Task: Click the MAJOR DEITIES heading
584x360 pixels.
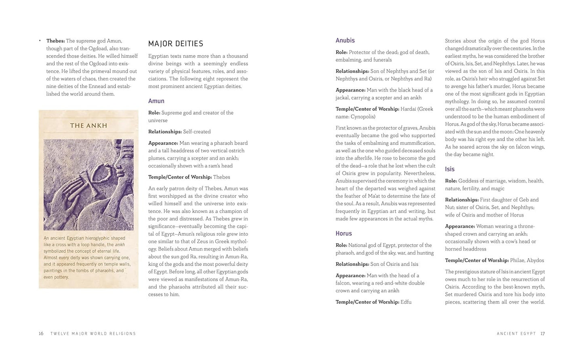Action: [175, 44]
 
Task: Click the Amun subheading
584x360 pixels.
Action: [156, 101]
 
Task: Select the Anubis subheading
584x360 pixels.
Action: [345, 40]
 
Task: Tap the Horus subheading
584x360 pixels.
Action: [344, 234]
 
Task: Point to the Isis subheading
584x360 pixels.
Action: [449, 169]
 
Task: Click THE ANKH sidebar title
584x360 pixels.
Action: [89, 126]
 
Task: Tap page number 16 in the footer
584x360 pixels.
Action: [41, 334]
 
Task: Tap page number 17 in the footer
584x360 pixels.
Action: [542, 334]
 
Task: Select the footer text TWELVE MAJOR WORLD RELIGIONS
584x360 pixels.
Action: [93, 334]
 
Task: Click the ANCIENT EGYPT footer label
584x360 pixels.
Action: [516, 334]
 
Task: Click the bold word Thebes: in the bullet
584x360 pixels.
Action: [55, 41]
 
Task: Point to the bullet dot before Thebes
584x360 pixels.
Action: [40, 41]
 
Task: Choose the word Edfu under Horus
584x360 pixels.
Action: [406, 302]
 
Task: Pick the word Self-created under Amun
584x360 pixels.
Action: [196, 132]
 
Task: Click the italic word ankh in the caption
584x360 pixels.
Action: [120, 245]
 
